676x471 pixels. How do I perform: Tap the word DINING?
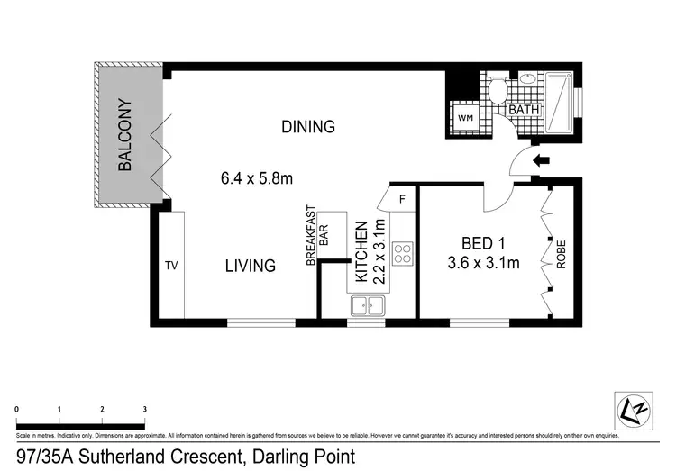click(x=307, y=127)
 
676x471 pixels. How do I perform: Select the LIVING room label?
click(x=250, y=266)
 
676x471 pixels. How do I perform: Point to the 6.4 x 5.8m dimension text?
click(x=258, y=178)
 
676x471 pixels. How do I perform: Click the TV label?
click(x=171, y=266)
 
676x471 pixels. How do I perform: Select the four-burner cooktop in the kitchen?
click(x=403, y=253)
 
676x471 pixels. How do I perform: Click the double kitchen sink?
click(x=366, y=306)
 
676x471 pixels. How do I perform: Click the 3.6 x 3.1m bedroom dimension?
click(x=483, y=263)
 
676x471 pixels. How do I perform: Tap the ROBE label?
click(x=561, y=255)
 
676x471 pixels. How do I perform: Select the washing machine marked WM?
click(x=465, y=118)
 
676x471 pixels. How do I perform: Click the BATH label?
click(x=524, y=110)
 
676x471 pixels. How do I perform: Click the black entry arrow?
click(x=541, y=162)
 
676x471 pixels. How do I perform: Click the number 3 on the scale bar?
click(x=145, y=409)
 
